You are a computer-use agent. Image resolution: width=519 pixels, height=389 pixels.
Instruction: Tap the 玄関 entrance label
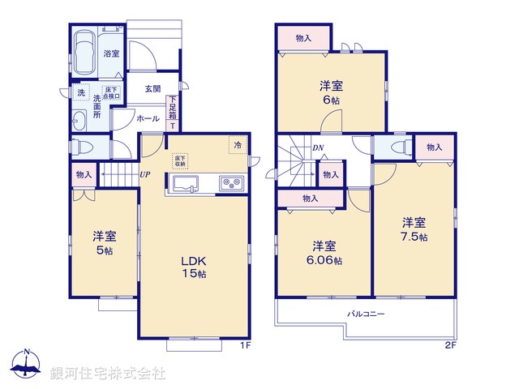click(152, 88)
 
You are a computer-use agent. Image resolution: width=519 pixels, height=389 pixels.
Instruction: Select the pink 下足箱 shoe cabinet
click(173, 110)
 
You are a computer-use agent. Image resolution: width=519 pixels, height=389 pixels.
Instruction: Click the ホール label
click(148, 118)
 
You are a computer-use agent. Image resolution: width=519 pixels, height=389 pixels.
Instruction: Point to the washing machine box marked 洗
click(81, 93)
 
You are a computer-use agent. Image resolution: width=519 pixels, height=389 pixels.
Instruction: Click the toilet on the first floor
click(79, 148)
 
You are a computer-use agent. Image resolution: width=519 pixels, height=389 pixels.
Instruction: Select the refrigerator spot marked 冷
click(238, 145)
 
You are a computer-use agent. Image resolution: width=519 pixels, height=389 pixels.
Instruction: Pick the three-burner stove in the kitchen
click(231, 184)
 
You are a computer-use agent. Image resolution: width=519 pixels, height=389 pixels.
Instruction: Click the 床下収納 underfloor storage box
click(180, 160)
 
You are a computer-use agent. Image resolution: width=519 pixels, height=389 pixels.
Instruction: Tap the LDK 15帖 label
click(194, 268)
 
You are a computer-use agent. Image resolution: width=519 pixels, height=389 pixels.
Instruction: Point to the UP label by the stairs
click(144, 174)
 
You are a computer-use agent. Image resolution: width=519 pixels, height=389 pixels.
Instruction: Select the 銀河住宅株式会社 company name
click(108, 374)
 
